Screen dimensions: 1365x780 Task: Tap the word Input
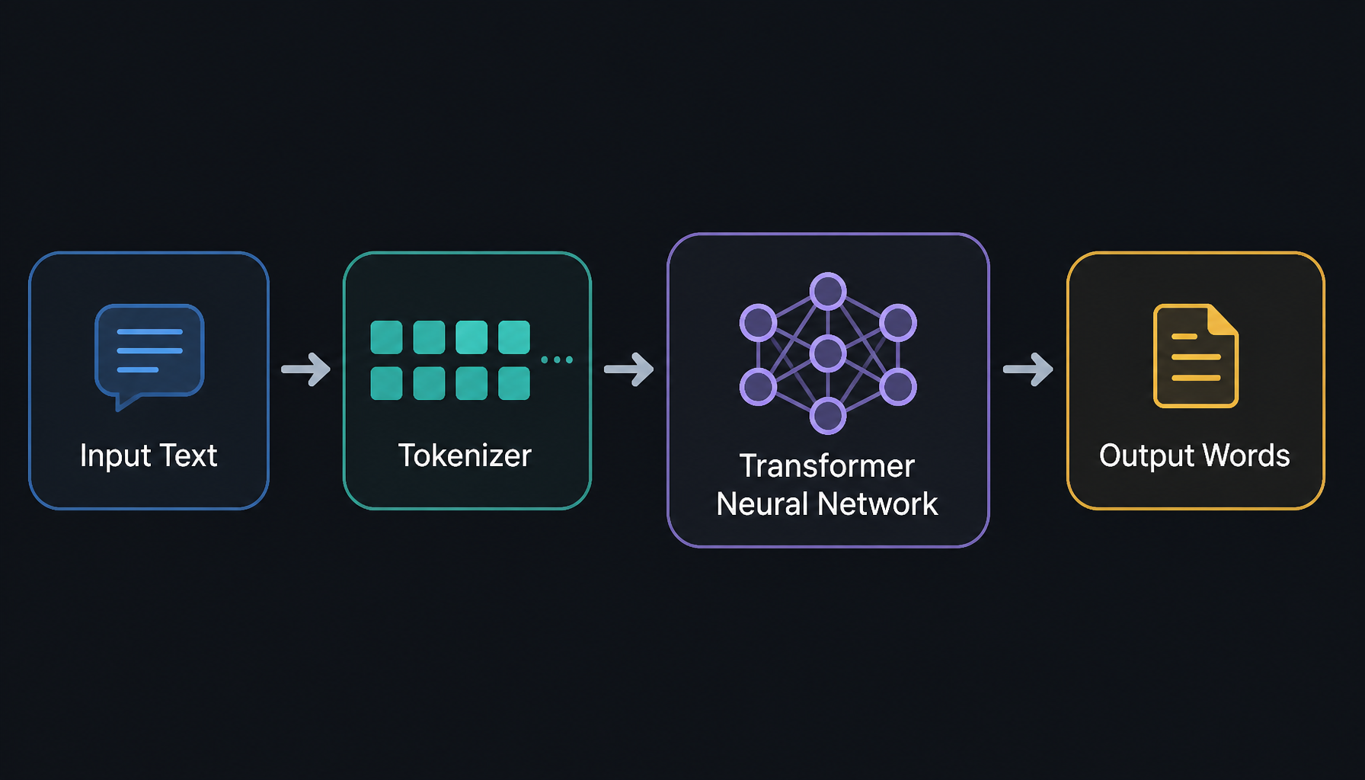(115, 456)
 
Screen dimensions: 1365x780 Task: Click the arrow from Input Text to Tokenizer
(305, 369)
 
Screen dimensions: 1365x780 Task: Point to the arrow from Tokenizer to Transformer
(628, 369)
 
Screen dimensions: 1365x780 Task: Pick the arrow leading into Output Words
(1028, 369)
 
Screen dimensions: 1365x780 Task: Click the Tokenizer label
(465, 456)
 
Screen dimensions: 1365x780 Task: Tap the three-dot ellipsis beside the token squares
(557, 360)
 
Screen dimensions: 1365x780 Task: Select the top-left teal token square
(386, 337)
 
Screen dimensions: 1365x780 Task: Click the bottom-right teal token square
(514, 383)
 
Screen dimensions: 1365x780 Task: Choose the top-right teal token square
(514, 337)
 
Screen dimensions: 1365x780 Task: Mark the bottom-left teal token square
(386, 383)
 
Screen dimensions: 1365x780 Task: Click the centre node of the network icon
(828, 353)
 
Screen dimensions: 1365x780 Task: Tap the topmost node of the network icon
(828, 291)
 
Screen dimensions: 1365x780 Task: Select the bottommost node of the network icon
(828, 416)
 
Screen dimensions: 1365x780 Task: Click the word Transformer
(827, 466)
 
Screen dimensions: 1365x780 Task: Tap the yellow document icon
(1196, 356)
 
